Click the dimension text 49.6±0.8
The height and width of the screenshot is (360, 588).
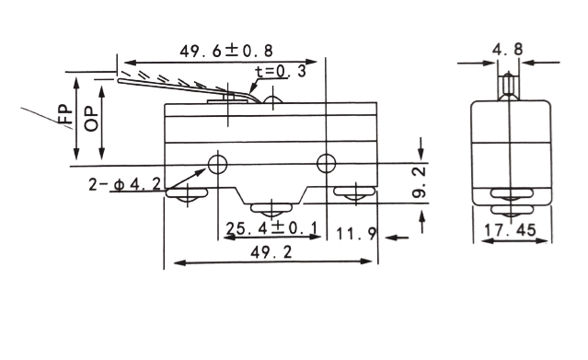tap(226, 51)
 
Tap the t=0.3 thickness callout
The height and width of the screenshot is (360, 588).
tap(280, 71)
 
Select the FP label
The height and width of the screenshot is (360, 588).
tap(65, 114)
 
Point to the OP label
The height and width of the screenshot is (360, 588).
tap(91, 120)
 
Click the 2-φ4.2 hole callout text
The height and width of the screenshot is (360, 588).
tap(124, 183)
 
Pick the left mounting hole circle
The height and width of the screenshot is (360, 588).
tap(217, 164)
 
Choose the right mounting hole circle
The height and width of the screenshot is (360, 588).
tap(327, 163)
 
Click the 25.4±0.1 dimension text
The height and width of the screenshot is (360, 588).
tap(271, 227)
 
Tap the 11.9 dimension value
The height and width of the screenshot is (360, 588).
tap(356, 234)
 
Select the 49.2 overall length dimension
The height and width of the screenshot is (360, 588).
tap(271, 252)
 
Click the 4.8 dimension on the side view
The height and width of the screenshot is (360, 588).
tap(507, 49)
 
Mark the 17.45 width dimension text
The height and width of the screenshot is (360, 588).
tap(510, 230)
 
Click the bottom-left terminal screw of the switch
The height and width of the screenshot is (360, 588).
tap(187, 195)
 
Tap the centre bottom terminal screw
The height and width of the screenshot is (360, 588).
tap(271, 210)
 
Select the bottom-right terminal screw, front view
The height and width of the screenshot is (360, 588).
tap(355, 193)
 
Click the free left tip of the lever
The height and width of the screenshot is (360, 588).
tap(120, 80)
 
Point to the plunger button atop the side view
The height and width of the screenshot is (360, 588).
tap(509, 87)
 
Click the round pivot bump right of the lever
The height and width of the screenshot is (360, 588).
tap(273, 99)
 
